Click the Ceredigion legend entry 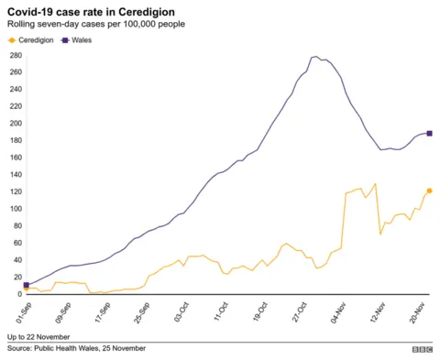coord(33,40)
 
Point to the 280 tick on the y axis coord(15,55)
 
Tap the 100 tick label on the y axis coord(15,209)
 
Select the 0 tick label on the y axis coord(19,294)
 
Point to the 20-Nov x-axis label coord(419,311)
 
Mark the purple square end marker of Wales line coord(429,133)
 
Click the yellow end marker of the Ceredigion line coord(429,191)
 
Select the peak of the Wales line coord(315,57)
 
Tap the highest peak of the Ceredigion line coord(375,184)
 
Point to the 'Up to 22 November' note coord(38,336)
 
